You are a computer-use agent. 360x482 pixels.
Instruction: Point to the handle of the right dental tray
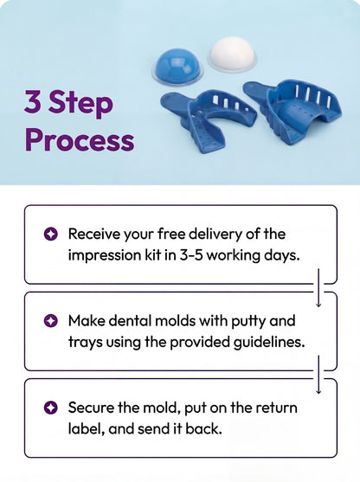click(x=257, y=88)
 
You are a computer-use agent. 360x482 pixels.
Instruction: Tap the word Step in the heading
click(x=80, y=104)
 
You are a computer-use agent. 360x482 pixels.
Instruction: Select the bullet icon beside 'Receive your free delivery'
click(x=51, y=235)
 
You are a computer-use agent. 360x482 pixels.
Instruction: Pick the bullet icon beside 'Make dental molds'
click(x=51, y=321)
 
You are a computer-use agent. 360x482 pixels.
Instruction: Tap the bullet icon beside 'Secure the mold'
click(x=51, y=408)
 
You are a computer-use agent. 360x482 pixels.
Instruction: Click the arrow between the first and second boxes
click(x=318, y=287)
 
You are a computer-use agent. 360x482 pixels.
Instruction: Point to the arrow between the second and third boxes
click(x=318, y=375)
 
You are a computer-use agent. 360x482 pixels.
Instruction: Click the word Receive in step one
click(x=94, y=234)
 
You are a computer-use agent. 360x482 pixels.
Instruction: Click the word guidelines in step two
click(x=269, y=342)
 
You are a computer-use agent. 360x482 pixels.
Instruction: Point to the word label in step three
click(x=84, y=429)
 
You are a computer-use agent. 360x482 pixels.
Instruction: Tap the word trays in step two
click(x=86, y=343)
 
